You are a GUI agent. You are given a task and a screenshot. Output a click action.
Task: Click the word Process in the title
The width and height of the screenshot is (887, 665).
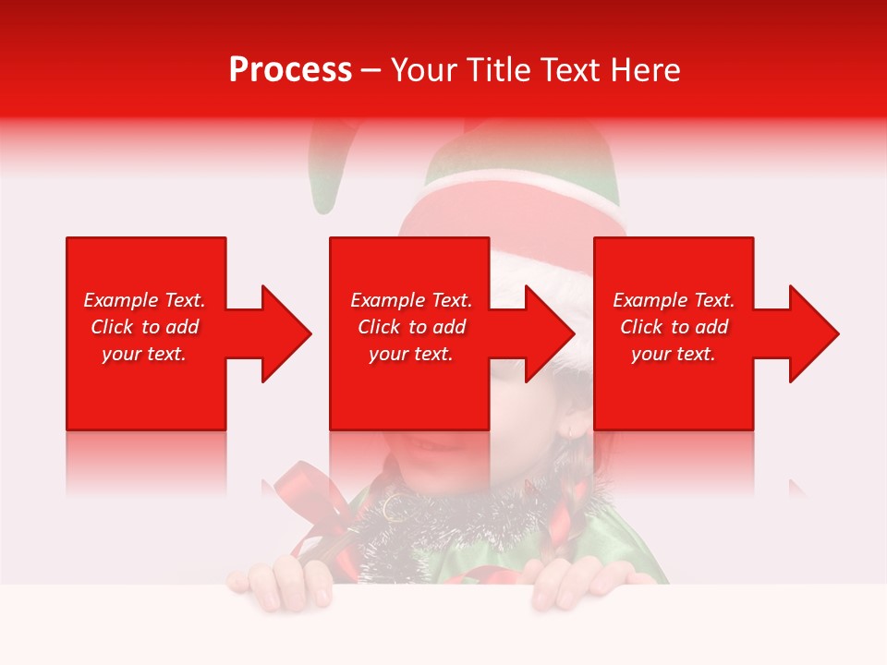pos(290,70)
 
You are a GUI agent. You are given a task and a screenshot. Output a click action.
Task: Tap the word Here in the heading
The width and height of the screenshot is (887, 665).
pos(642,70)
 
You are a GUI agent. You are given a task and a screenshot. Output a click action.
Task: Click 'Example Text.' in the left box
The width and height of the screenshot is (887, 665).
pos(144,300)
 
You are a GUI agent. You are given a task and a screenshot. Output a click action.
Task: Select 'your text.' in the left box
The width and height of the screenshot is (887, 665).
pos(144,354)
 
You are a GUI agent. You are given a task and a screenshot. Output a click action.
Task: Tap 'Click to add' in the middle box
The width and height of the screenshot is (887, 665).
pos(411,327)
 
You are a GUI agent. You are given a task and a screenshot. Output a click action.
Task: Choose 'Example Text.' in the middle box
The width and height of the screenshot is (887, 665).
pos(411,300)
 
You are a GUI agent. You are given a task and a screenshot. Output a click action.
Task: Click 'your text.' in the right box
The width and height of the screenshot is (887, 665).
pos(674,354)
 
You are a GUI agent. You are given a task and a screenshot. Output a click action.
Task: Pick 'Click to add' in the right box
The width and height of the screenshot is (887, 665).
pos(674,327)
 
